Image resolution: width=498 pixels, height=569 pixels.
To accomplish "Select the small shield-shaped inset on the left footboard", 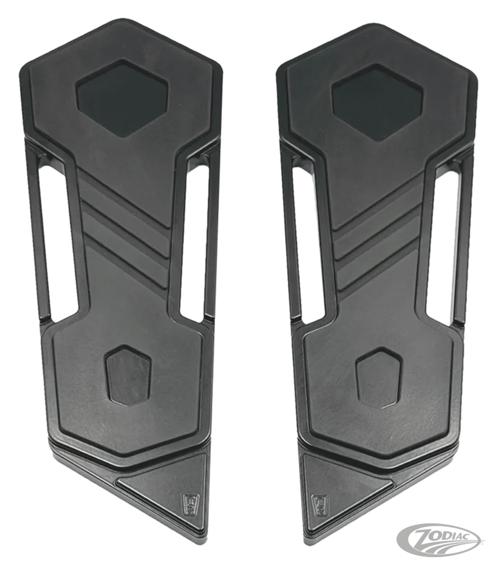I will point(128,375).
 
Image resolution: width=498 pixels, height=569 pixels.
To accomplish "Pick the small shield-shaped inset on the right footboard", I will point(379,378).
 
